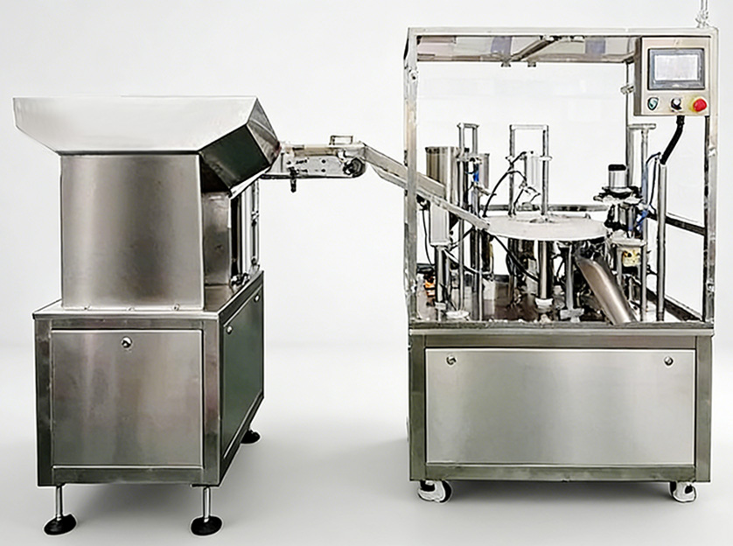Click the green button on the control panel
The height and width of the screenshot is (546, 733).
653,104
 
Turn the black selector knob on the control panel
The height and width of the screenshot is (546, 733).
675,104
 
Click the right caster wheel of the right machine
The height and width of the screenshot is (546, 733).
683,491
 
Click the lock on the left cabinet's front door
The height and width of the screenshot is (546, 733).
126,343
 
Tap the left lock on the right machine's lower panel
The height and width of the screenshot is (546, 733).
450,360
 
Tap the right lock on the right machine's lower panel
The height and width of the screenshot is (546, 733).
668,360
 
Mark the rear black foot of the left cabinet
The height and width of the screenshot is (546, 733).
251,435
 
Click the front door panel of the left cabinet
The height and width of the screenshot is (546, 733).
127,398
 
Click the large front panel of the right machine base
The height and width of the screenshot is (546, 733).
560,407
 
